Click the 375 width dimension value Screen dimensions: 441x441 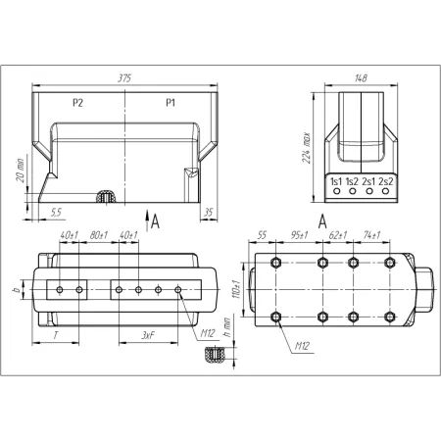tap(124, 78)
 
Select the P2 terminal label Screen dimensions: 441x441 tap(77, 103)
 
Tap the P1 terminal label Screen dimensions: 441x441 tap(171, 103)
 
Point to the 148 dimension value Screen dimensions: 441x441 tap(361, 78)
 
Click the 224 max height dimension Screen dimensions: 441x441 tap(307, 148)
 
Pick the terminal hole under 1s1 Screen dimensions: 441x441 tap(336, 191)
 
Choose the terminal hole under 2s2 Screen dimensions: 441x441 tap(385, 191)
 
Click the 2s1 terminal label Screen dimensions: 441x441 tap(368, 181)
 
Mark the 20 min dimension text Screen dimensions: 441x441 tap(20, 170)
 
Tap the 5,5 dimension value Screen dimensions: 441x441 tap(56, 213)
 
